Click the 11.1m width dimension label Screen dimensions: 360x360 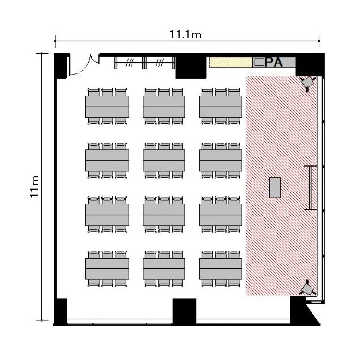(x=185, y=34)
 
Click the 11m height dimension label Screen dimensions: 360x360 (x=34, y=186)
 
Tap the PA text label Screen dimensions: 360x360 (x=274, y=62)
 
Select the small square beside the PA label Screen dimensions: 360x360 (x=259, y=62)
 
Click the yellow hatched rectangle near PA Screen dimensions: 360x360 (x=231, y=62)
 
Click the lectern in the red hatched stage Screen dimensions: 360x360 (x=275, y=187)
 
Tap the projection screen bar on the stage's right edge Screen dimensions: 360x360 (x=311, y=188)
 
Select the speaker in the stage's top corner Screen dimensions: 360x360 (x=308, y=83)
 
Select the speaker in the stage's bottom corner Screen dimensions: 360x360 (x=308, y=288)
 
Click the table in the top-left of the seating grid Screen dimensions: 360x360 (x=107, y=107)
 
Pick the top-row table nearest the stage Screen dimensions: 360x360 (x=221, y=107)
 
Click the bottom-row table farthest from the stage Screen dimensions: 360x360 (x=107, y=269)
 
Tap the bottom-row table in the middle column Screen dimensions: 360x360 (x=164, y=269)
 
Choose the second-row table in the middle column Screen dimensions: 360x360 (x=164, y=160)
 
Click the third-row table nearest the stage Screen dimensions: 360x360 (x=221, y=215)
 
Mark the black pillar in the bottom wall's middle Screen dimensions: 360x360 (x=184, y=312)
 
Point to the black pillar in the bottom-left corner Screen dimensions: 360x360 (x=60, y=311)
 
